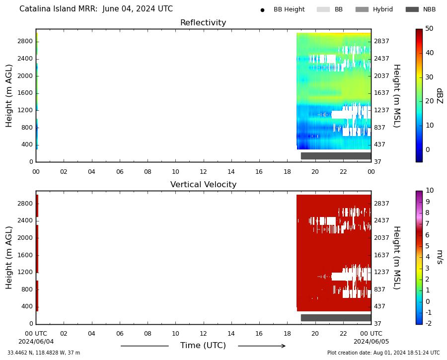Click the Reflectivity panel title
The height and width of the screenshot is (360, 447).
(x=203, y=22)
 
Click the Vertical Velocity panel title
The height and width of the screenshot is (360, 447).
(x=203, y=184)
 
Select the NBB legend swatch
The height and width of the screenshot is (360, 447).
(x=412, y=9)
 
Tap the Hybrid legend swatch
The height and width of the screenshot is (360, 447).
(x=362, y=9)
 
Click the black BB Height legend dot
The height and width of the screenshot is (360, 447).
(x=262, y=10)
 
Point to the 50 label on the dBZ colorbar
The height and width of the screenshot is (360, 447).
(x=429, y=28)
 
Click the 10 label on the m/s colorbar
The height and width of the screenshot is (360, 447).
(x=429, y=190)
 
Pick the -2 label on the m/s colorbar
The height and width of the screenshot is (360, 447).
(x=429, y=323)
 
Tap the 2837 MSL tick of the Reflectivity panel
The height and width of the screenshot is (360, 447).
(x=381, y=41)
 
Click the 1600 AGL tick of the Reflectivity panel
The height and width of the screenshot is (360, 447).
(x=25, y=93)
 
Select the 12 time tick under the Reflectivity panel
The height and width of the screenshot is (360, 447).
(x=203, y=172)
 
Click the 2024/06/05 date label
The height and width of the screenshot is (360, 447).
(x=371, y=342)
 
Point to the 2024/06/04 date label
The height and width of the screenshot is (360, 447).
(x=36, y=342)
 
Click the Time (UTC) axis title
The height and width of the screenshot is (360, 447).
(x=203, y=346)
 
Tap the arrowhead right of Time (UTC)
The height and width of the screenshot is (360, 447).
(x=283, y=346)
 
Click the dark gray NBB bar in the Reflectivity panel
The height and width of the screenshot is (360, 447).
(x=336, y=156)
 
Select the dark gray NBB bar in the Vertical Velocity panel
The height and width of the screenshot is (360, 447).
(x=336, y=318)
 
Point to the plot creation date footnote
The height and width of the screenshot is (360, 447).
(x=383, y=353)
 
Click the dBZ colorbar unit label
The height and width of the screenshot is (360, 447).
(x=440, y=96)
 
